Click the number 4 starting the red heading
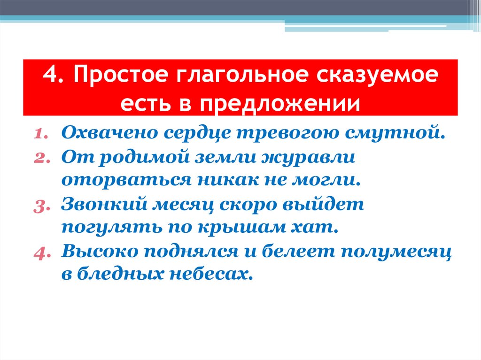tap(50, 77)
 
